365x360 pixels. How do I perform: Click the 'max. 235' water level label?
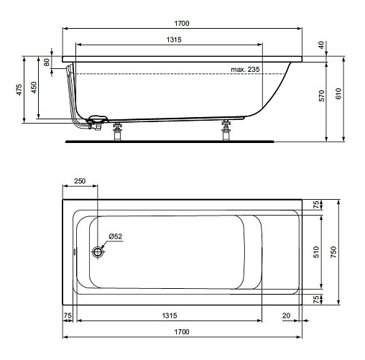(x=245, y=70)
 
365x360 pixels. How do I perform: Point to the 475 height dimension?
(x=19, y=90)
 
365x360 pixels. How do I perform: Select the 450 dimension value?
(x=34, y=88)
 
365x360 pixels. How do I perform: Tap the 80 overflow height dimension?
(x=47, y=63)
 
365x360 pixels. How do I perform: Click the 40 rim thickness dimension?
(x=321, y=45)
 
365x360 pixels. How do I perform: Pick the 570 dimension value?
(x=322, y=96)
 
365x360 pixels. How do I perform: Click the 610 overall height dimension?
(x=338, y=93)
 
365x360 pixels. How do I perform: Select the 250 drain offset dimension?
(x=80, y=181)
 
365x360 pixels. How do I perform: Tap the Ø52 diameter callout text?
(x=116, y=236)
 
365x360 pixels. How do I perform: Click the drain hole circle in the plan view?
(x=98, y=251)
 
